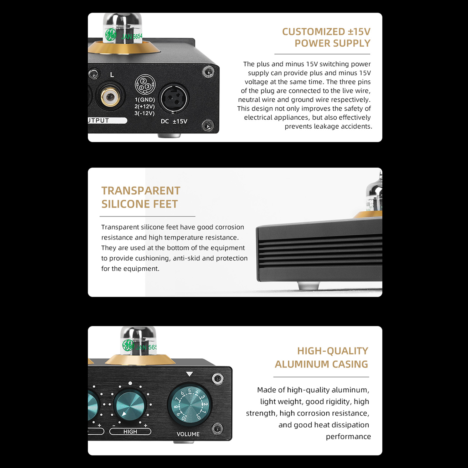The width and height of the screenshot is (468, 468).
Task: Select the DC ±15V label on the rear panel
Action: pyautogui.click(x=174, y=121)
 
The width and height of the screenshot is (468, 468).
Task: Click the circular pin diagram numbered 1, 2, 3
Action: pyautogui.click(x=145, y=84)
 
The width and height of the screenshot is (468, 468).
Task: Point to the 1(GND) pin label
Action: pyautogui.click(x=145, y=100)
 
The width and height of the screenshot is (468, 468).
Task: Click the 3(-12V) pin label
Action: pyautogui.click(x=144, y=113)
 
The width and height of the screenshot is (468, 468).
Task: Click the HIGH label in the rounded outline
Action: pyautogui.click(x=130, y=431)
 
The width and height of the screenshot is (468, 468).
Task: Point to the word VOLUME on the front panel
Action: pyautogui.click(x=188, y=434)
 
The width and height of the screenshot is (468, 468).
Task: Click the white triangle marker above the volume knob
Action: pyautogui.click(x=189, y=374)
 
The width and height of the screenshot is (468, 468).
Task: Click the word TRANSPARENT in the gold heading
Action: pyautogui.click(x=141, y=191)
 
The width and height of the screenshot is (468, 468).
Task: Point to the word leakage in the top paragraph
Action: pyautogui.click(x=326, y=126)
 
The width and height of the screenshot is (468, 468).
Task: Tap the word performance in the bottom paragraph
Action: pyautogui.click(x=348, y=437)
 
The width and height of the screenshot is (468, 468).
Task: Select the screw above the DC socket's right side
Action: pyautogui.click(x=208, y=72)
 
